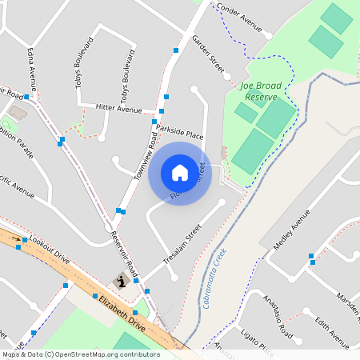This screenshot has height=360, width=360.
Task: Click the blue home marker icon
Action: [179, 172]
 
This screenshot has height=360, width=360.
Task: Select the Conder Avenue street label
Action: [240, 18]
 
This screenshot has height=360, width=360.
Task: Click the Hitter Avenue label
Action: [118, 107]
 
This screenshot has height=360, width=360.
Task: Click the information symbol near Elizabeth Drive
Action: [122, 281]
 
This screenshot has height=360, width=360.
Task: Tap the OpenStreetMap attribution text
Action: [80, 354]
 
